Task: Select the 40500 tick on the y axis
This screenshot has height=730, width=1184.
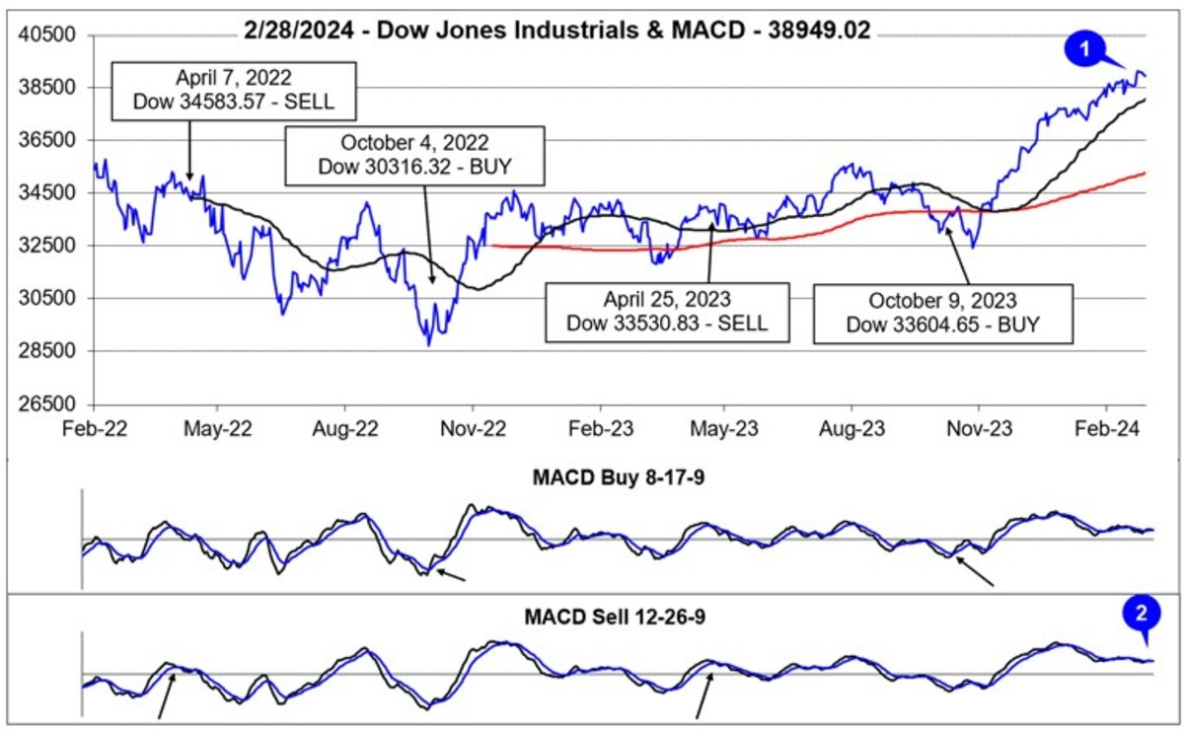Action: pos(55,36)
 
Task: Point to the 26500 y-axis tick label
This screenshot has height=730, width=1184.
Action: pos(55,403)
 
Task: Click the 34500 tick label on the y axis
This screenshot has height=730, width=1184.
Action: pos(55,193)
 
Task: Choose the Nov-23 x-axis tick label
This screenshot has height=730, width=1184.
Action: pos(979,430)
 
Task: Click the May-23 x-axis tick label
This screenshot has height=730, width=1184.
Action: pos(725,430)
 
